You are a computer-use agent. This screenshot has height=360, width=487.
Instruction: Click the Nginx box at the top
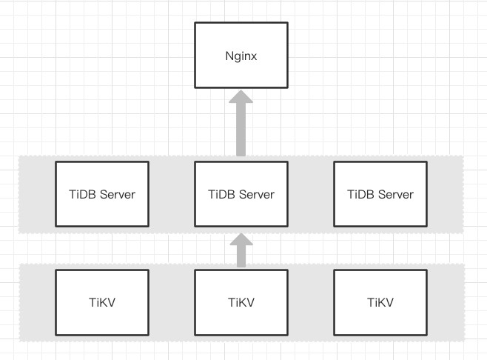tap(241, 55)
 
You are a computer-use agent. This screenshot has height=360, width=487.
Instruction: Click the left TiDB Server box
tap(102, 195)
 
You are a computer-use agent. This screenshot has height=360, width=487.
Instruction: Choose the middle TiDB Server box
tap(241, 195)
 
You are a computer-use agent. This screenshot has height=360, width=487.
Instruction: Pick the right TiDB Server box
tap(380, 195)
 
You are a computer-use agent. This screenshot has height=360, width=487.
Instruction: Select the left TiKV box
tap(102, 302)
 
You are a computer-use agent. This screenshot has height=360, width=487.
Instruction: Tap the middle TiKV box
tap(241, 302)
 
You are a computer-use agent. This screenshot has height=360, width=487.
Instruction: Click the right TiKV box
tap(380, 302)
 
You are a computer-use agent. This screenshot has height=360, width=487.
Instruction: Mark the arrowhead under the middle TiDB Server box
tap(241, 241)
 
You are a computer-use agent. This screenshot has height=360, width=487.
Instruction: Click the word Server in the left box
tap(118, 195)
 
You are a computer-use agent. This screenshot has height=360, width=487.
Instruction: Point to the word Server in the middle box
tap(256, 195)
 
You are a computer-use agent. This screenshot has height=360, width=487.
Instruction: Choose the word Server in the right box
tap(395, 195)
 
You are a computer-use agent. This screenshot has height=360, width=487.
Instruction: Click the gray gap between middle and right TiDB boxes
tap(310, 195)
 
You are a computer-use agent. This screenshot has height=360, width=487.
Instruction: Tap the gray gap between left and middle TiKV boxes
tap(171, 302)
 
